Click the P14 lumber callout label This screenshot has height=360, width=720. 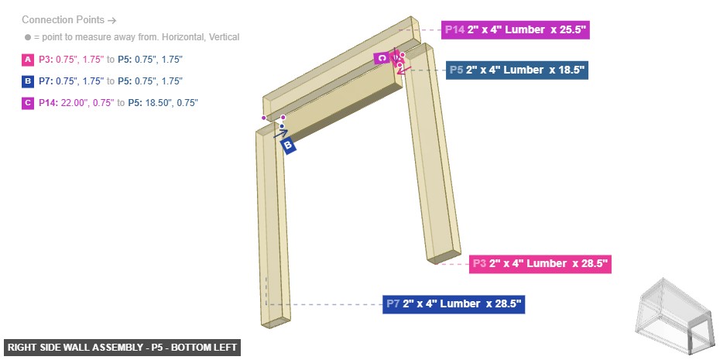515,30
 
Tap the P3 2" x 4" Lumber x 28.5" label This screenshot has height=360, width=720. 540,264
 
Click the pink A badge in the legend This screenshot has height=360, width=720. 28,60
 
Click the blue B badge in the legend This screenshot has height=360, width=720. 28,81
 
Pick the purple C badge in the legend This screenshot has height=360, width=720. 28,103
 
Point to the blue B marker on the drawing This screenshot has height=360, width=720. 288,145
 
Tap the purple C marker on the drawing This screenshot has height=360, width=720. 381,58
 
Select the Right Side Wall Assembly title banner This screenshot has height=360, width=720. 122,348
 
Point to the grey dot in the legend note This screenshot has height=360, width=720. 27,37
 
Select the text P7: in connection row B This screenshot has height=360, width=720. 46,81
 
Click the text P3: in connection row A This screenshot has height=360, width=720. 46,60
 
